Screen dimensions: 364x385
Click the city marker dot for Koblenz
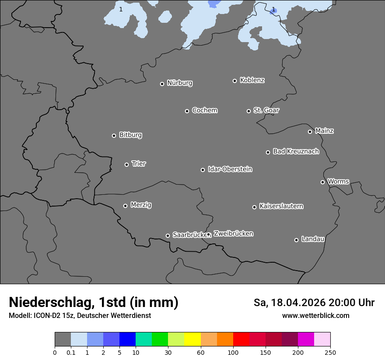click(234, 81)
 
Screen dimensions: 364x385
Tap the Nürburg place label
click(179, 83)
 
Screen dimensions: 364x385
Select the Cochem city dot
click(187, 111)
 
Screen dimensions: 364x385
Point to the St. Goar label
click(266, 110)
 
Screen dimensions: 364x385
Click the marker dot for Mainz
click(310, 132)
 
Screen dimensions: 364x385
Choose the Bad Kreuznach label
click(296, 151)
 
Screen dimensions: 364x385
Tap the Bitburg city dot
click(114, 136)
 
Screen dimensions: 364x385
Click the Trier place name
click(139, 164)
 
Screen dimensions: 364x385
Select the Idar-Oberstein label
click(230, 169)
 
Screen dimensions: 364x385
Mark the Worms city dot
click(322, 182)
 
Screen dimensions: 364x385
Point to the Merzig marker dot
click(125, 206)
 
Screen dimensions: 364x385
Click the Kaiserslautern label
click(281, 206)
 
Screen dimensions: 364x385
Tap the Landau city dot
click(296, 240)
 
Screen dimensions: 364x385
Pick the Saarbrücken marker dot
click(168, 236)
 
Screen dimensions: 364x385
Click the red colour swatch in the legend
click(241, 339)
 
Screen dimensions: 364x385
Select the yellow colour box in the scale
click(192, 339)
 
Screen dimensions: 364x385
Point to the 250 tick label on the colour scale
click(330, 352)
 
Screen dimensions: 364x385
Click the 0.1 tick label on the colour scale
click(70, 352)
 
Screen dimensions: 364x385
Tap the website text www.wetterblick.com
click(315, 315)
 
